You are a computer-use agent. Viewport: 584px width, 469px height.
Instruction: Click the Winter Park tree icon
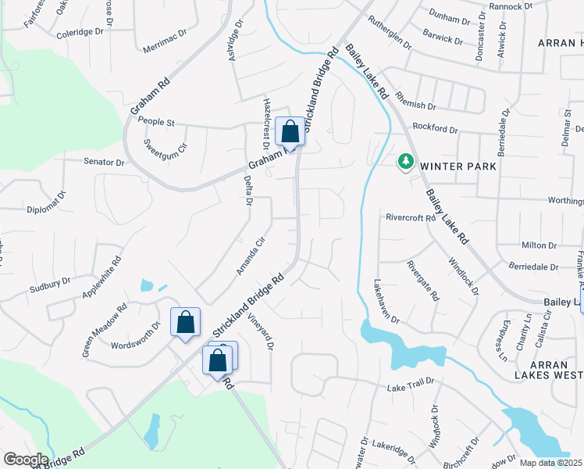[x=405, y=162]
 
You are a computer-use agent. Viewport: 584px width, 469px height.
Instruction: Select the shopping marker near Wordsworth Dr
[x=185, y=322]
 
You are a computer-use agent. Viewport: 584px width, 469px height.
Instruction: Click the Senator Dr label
[x=105, y=162]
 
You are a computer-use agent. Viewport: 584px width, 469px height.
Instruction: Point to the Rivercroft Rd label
[x=410, y=218]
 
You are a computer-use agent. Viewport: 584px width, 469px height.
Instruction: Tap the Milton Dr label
[x=539, y=245]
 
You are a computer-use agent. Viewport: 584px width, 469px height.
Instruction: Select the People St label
[x=156, y=121]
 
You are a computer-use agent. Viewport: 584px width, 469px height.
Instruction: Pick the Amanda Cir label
[x=252, y=256]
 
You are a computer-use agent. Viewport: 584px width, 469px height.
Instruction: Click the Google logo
[x=25, y=460]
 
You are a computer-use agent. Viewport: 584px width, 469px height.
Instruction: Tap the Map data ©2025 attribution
[x=551, y=463]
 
